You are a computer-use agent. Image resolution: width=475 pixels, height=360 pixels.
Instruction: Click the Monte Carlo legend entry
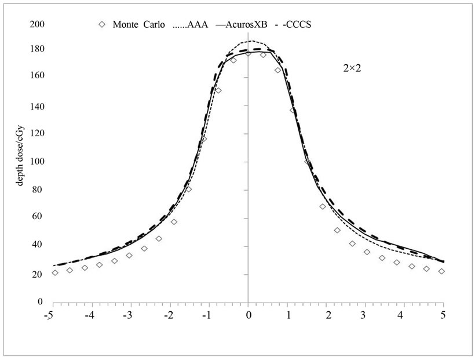click(x=138, y=25)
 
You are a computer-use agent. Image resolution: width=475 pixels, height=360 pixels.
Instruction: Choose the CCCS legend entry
click(x=293, y=25)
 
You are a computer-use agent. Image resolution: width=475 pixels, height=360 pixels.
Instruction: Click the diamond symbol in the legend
click(x=102, y=25)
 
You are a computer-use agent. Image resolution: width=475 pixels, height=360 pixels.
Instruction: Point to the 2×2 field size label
click(x=351, y=67)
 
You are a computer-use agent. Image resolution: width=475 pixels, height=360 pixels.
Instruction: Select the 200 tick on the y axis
click(x=37, y=25)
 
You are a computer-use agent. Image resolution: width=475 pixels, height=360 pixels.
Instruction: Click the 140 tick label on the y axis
click(x=37, y=107)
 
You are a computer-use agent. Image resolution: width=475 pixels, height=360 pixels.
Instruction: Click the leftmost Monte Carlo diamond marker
click(x=55, y=272)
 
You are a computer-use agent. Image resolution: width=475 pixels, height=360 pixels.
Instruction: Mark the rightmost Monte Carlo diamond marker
click(x=441, y=271)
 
